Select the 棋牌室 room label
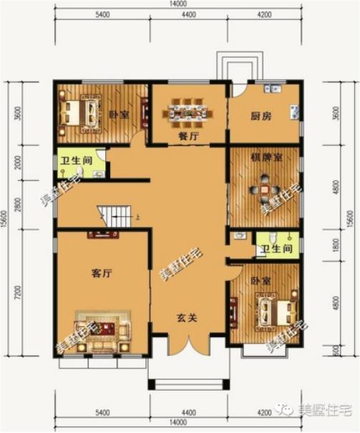263,157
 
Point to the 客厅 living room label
104,273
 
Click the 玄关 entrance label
188,319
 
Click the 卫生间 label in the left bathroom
75,162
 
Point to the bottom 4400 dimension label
188,413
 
